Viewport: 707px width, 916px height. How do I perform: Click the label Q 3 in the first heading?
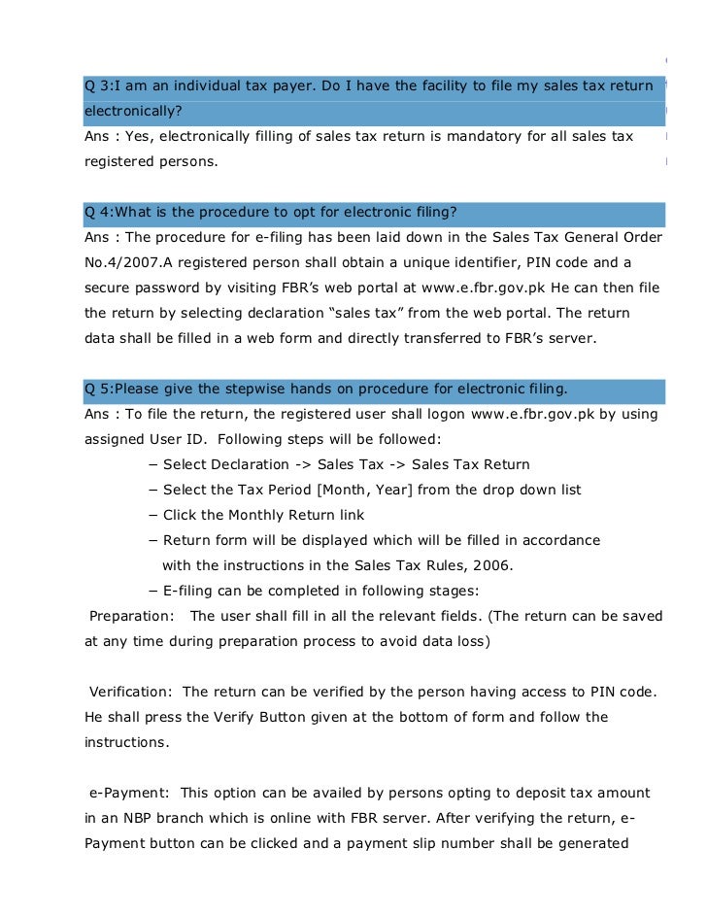(97, 87)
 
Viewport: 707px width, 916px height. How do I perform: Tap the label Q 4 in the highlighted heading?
(97, 213)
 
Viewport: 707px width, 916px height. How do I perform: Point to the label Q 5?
(97, 390)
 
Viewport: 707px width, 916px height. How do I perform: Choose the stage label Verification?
(132, 692)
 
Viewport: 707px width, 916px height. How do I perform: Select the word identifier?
(456, 262)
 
